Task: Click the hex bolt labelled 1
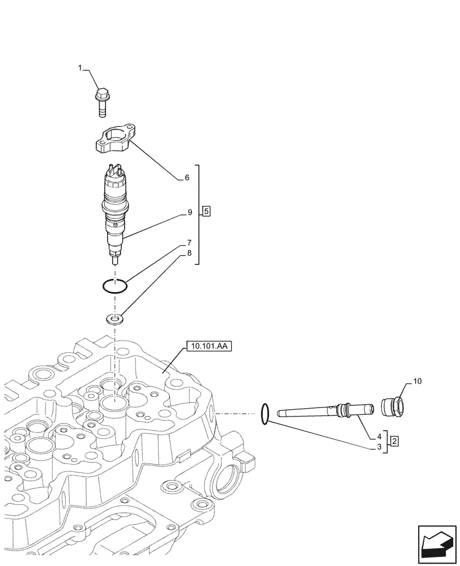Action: pyautogui.click(x=102, y=103)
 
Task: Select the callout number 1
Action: pyautogui.click(x=80, y=68)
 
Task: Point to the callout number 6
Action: pyautogui.click(x=187, y=178)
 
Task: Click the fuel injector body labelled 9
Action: pyautogui.click(x=116, y=209)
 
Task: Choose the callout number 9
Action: pyautogui.click(x=190, y=213)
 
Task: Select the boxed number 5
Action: pyautogui.click(x=206, y=212)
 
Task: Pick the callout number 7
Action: pyautogui.click(x=190, y=243)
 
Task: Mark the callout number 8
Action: pyautogui.click(x=190, y=254)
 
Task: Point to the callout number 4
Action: pyautogui.click(x=378, y=436)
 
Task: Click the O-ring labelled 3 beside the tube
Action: pyautogui.click(x=264, y=413)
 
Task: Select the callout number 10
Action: pyautogui.click(x=417, y=382)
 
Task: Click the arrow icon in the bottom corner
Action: pyautogui.click(x=436, y=544)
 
